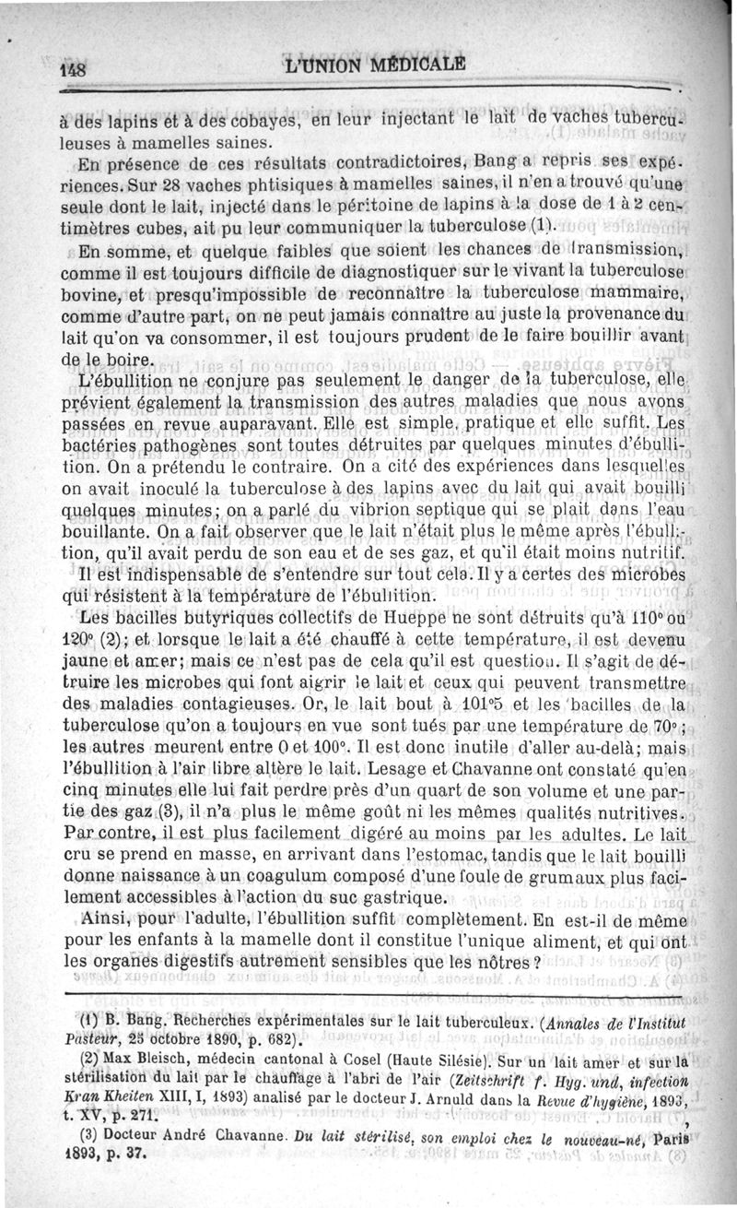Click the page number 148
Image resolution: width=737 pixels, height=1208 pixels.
coord(73,70)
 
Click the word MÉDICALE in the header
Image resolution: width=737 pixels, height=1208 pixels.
coord(412,67)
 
